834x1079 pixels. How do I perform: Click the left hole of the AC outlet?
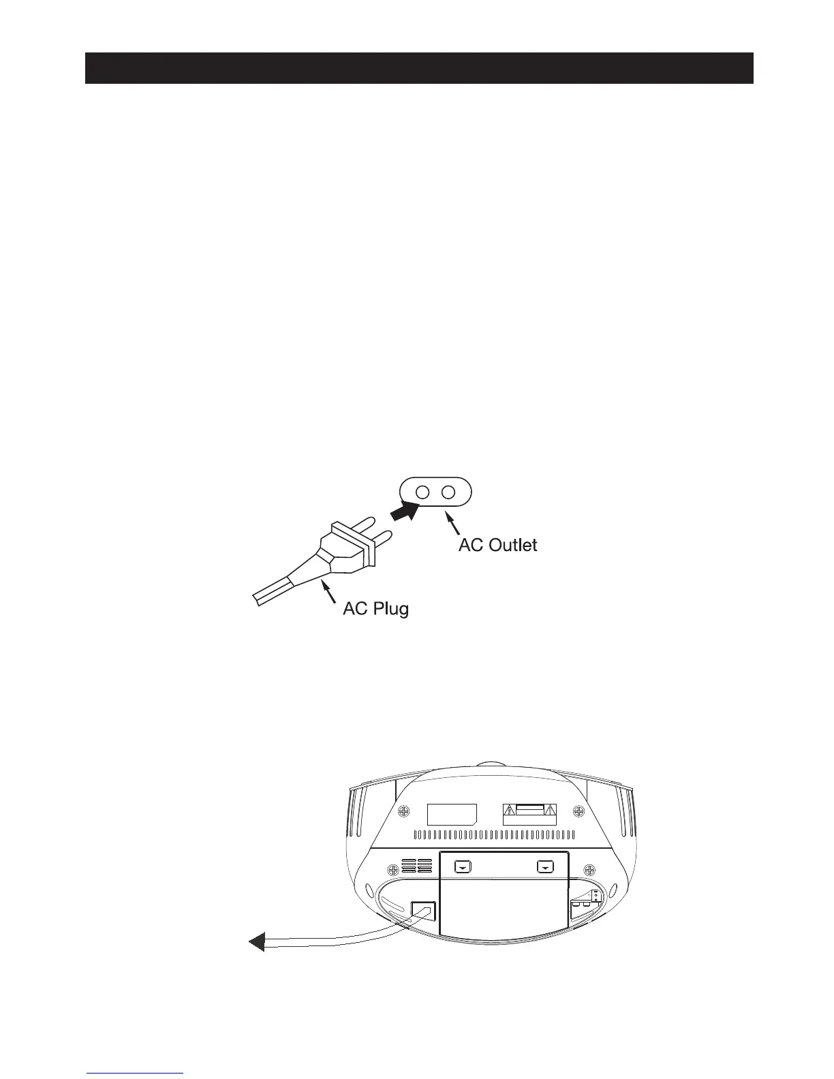click(422, 492)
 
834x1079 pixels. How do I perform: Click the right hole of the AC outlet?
click(448, 492)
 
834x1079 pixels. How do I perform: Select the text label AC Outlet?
click(497, 545)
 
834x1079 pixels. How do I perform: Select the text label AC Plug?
click(375, 608)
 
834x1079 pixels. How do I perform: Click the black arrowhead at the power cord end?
click(256, 943)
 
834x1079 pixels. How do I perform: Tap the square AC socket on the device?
click(424, 911)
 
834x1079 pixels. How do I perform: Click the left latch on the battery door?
click(463, 867)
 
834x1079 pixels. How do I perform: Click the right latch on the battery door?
click(545, 867)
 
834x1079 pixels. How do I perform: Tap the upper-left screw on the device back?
click(404, 812)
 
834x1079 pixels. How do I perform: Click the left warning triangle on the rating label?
click(508, 811)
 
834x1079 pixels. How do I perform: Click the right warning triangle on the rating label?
click(551, 811)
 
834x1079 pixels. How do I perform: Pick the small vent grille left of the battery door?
click(416, 866)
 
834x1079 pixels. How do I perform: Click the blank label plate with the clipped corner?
click(451, 813)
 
